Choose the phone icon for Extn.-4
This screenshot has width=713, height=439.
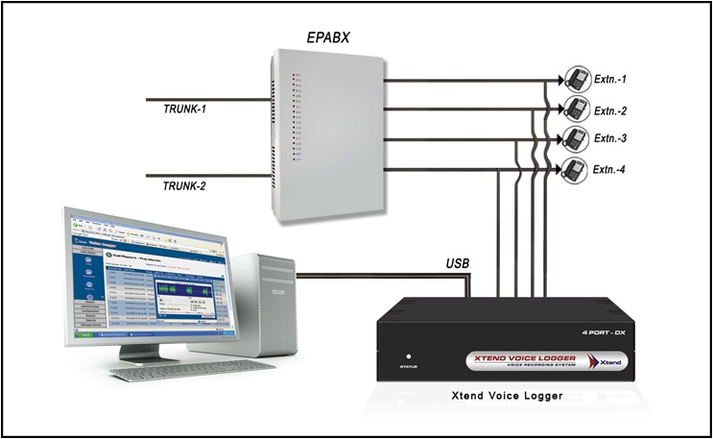pyautogui.click(x=575, y=170)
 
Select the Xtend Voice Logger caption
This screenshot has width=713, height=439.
pyautogui.click(x=507, y=395)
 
